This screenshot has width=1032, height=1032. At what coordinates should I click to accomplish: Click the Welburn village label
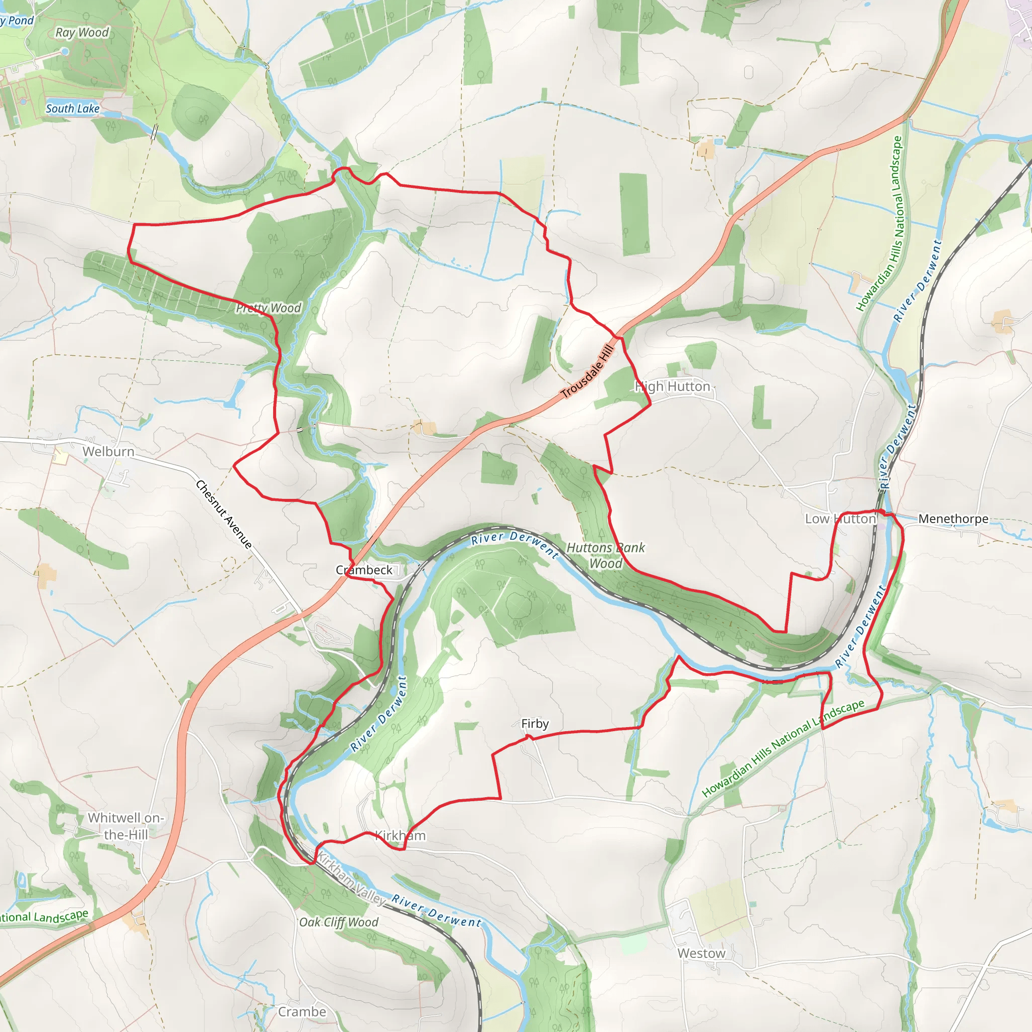point(108,451)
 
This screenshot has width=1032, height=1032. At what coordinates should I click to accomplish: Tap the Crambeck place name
point(364,570)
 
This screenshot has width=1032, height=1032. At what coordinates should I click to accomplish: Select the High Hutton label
point(673,386)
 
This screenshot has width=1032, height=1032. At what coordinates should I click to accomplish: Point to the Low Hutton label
point(840,519)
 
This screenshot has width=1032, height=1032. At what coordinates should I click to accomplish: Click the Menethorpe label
point(953,519)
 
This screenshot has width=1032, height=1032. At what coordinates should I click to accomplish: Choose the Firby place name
point(535,723)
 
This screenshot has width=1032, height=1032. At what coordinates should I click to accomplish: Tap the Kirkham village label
point(401,835)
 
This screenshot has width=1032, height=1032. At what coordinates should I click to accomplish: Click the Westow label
point(701,953)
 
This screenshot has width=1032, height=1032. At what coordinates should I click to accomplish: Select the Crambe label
point(302,1012)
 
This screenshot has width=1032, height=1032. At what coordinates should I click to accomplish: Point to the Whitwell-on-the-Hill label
point(125,826)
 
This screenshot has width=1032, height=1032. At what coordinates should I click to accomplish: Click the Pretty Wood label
point(269,308)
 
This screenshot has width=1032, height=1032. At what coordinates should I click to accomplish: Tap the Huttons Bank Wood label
point(606,555)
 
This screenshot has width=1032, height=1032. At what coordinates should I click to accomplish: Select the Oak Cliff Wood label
point(339,922)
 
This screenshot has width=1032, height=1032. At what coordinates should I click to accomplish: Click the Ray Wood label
point(82,33)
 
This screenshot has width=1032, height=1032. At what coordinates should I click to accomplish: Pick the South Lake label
point(73,108)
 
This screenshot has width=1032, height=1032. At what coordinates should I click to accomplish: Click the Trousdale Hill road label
point(588,371)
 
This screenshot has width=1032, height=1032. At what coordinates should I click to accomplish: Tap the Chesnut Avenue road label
point(224,514)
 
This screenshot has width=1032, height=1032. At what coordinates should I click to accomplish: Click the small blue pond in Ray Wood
point(65,51)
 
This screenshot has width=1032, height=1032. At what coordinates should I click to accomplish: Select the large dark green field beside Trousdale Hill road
point(634,214)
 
